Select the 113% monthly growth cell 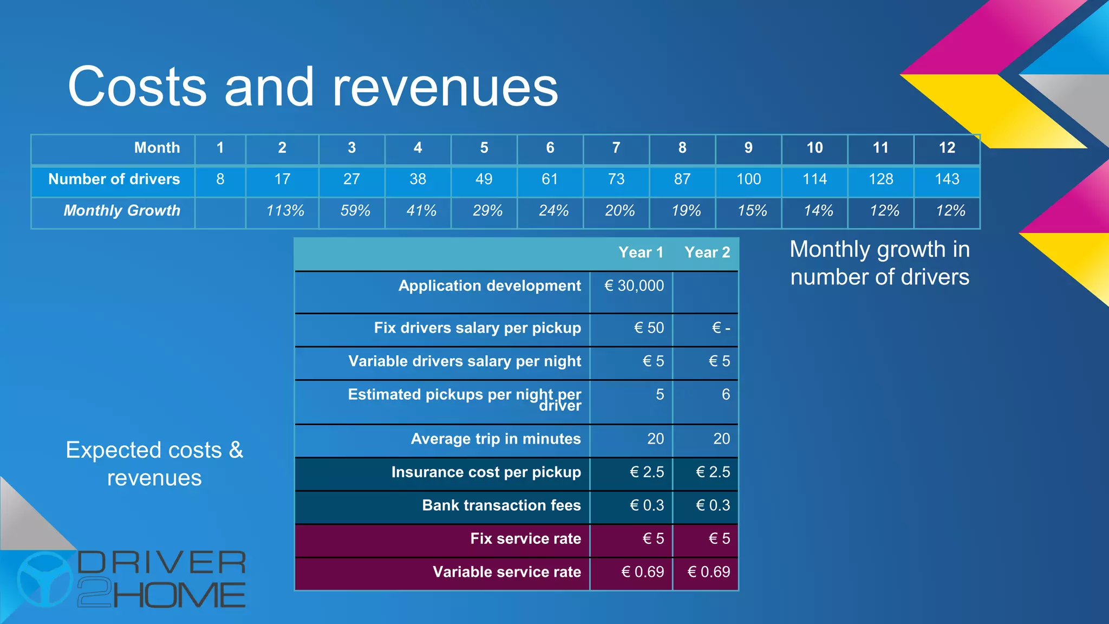point(285,211)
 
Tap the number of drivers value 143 point(947,179)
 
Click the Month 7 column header point(616,148)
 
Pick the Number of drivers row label point(114,179)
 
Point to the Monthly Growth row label point(122,211)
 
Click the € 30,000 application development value point(634,285)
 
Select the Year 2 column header point(707,252)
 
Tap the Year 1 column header point(641,252)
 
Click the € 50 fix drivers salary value point(649,328)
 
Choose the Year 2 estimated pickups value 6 point(726,394)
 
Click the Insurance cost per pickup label point(486,472)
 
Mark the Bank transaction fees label point(501,505)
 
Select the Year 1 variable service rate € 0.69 point(642,572)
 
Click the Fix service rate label point(525,538)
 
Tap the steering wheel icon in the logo point(45,578)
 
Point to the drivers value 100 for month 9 point(748,179)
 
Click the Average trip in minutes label point(495,439)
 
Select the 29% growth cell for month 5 point(487,211)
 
